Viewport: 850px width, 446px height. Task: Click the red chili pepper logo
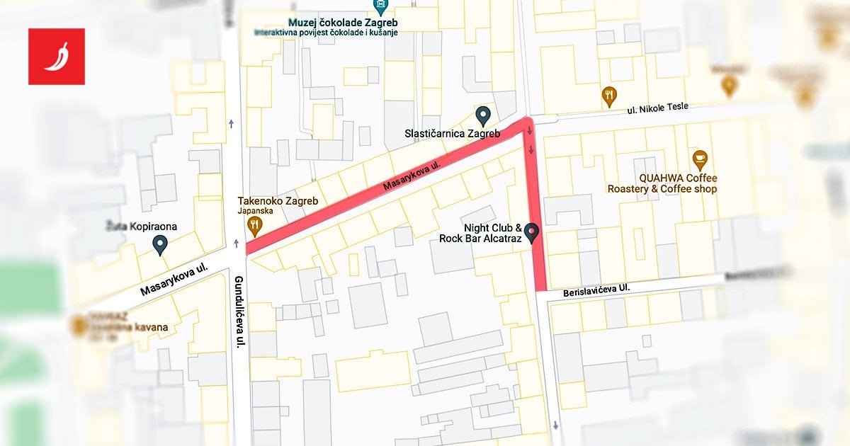(x=57, y=57)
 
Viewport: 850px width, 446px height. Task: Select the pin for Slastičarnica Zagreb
(x=483, y=115)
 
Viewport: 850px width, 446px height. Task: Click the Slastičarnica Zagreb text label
(x=452, y=134)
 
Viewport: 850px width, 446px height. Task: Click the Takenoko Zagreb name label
(x=278, y=201)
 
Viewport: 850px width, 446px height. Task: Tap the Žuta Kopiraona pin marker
(x=161, y=246)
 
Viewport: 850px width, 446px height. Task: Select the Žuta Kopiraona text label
(x=139, y=227)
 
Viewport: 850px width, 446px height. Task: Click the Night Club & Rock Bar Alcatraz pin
(x=530, y=232)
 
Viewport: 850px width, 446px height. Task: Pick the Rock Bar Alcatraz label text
(x=480, y=239)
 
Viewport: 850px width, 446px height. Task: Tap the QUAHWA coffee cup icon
(x=700, y=160)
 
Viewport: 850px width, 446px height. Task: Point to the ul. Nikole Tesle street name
(x=657, y=107)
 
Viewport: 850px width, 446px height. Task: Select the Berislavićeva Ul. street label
(x=596, y=290)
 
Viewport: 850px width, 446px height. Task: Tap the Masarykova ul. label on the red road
(x=412, y=176)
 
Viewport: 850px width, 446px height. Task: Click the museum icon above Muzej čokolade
(x=382, y=6)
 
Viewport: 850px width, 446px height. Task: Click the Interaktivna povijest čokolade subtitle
(x=326, y=33)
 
